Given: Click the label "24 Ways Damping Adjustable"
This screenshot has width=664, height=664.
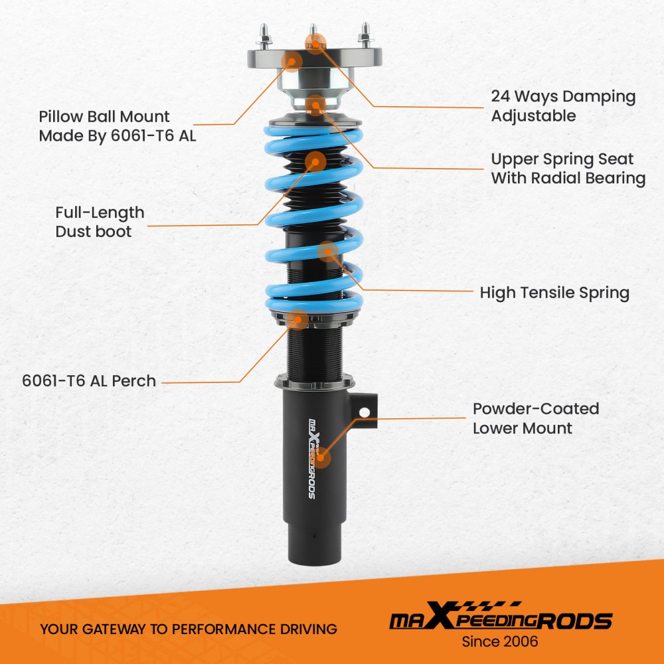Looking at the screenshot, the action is [563, 106].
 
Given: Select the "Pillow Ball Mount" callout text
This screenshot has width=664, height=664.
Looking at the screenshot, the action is [104, 116].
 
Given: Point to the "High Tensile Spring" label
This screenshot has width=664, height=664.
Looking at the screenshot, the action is [554, 293].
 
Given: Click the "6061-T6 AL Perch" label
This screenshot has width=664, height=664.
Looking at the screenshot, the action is [89, 380].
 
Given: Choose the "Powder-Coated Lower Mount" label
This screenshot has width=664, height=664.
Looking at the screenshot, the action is [536, 418].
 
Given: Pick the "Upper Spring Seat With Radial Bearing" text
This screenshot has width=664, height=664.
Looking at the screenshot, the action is [568, 169].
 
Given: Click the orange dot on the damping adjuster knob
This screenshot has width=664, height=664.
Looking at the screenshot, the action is [315, 42].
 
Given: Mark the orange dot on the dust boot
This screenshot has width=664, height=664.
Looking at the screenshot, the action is [315, 162].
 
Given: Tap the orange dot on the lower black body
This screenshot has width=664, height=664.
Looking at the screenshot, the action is [321, 457].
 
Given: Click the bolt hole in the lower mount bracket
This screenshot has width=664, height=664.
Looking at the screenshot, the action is [364, 412].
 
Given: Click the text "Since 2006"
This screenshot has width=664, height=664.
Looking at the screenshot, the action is [500, 641].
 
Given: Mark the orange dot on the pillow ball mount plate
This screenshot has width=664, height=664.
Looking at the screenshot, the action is [291, 61].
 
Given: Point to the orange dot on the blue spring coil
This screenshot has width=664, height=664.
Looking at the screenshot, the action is [327, 252].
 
